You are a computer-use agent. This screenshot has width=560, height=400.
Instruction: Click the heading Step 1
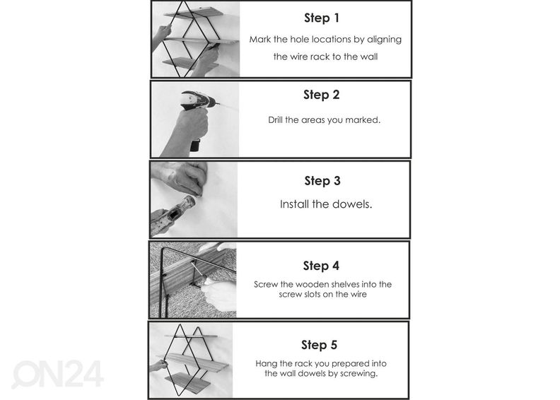click(322, 18)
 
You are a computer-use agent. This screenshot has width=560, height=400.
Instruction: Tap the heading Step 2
click(322, 95)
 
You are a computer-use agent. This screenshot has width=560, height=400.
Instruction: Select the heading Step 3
click(322, 181)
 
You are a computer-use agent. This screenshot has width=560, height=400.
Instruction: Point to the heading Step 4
click(321, 266)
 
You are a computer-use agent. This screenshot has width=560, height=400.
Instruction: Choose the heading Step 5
click(320, 345)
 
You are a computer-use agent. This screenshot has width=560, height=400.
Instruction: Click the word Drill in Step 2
click(275, 120)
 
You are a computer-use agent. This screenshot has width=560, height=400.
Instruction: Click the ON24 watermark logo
click(58, 374)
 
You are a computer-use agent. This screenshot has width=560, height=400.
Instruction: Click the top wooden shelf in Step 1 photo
click(194, 13)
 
